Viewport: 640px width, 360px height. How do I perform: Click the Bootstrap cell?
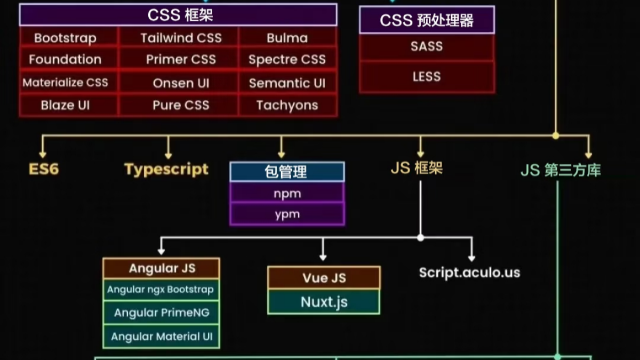click(66, 38)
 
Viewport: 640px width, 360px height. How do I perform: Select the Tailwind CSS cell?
click(181, 38)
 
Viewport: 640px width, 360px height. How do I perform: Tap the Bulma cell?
click(287, 38)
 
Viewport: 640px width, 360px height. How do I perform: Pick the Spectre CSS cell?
click(287, 60)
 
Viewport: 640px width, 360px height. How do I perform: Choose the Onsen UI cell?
click(181, 83)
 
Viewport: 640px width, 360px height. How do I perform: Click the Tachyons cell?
click(287, 105)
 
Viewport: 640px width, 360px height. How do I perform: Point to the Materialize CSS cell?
click(66, 83)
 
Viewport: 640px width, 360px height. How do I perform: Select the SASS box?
click(427, 46)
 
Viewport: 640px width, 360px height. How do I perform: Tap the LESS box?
click(427, 77)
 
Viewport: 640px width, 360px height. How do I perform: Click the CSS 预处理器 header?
click(427, 21)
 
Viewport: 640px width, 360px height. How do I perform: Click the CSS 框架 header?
click(178, 15)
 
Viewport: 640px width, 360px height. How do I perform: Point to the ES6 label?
click(44, 170)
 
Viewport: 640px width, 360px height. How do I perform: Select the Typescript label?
click(166, 170)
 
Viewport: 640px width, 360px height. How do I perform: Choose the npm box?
click(287, 194)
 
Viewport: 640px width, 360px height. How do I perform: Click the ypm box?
click(287, 214)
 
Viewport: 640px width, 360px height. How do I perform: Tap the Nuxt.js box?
click(324, 302)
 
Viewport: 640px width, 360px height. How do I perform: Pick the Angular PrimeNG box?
click(161, 313)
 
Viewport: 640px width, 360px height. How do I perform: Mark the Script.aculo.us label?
click(469, 273)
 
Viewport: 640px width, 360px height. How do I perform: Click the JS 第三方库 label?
click(561, 170)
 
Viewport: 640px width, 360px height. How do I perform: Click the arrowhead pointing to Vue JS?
click(322, 258)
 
